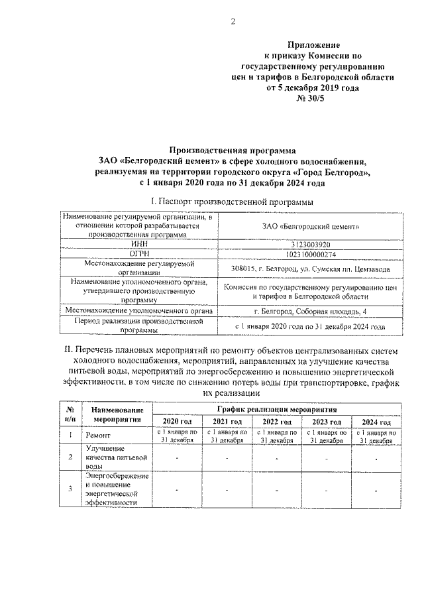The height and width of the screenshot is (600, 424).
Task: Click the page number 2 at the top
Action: point(233,22)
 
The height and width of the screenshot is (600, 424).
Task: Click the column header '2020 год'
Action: point(177,422)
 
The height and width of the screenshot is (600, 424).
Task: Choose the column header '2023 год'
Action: point(326,422)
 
